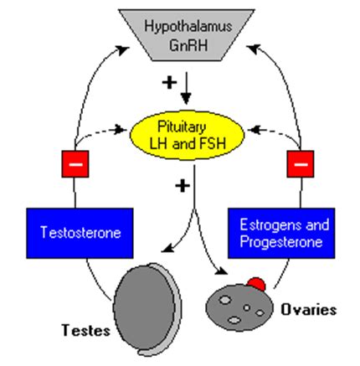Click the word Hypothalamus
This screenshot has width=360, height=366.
188,27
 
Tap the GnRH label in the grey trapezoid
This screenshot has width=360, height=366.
188,44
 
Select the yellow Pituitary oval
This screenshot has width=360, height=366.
187,136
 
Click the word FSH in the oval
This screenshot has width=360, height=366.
213,144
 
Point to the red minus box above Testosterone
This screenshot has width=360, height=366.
75,164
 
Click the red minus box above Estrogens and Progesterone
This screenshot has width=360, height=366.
301,164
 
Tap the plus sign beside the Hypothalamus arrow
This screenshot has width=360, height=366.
169,82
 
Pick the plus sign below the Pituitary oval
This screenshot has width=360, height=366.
183,186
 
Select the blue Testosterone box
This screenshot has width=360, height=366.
80,233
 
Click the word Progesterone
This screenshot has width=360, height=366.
281,242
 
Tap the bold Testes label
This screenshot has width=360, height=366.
86,330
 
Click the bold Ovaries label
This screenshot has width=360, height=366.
308,310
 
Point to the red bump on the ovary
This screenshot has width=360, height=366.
256,283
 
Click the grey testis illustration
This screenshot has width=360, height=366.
147,309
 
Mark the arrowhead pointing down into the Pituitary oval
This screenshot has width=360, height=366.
186,99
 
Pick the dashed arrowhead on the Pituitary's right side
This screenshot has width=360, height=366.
254,130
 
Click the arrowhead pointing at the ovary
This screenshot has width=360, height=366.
223,271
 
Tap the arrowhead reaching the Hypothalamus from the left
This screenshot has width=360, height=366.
123,50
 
